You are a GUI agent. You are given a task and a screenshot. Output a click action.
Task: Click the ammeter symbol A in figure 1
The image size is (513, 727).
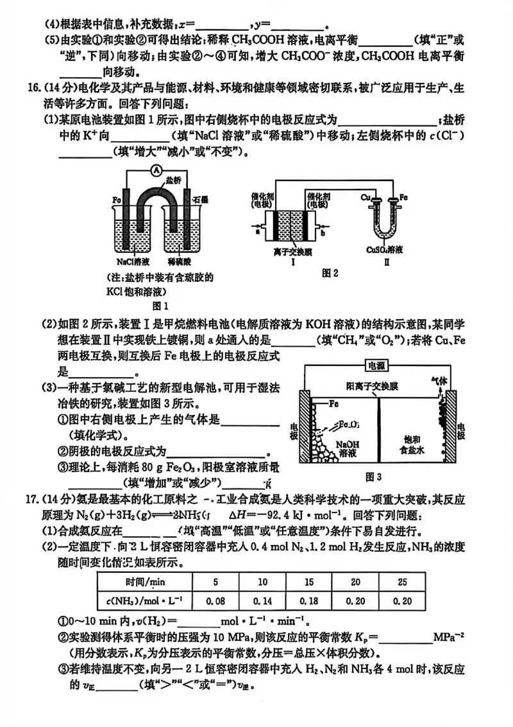pos(155,170)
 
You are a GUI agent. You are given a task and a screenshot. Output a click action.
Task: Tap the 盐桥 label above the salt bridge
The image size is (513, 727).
pos(172,182)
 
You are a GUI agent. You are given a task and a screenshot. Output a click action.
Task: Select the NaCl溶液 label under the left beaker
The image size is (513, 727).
pos(133,261)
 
